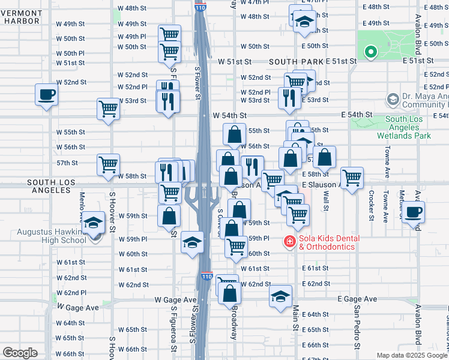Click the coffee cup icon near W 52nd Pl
point(46,94)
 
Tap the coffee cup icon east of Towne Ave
point(414,212)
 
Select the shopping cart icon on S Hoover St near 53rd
point(108,109)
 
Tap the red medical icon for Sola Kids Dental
point(289,242)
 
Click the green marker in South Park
point(370,52)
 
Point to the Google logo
point(20,353)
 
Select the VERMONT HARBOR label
point(20,16)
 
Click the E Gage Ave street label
point(357,299)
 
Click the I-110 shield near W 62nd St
point(206,277)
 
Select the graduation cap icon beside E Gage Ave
point(280,296)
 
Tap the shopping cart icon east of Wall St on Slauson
point(352,176)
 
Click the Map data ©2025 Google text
point(412,355)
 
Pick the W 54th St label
point(230,115)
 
